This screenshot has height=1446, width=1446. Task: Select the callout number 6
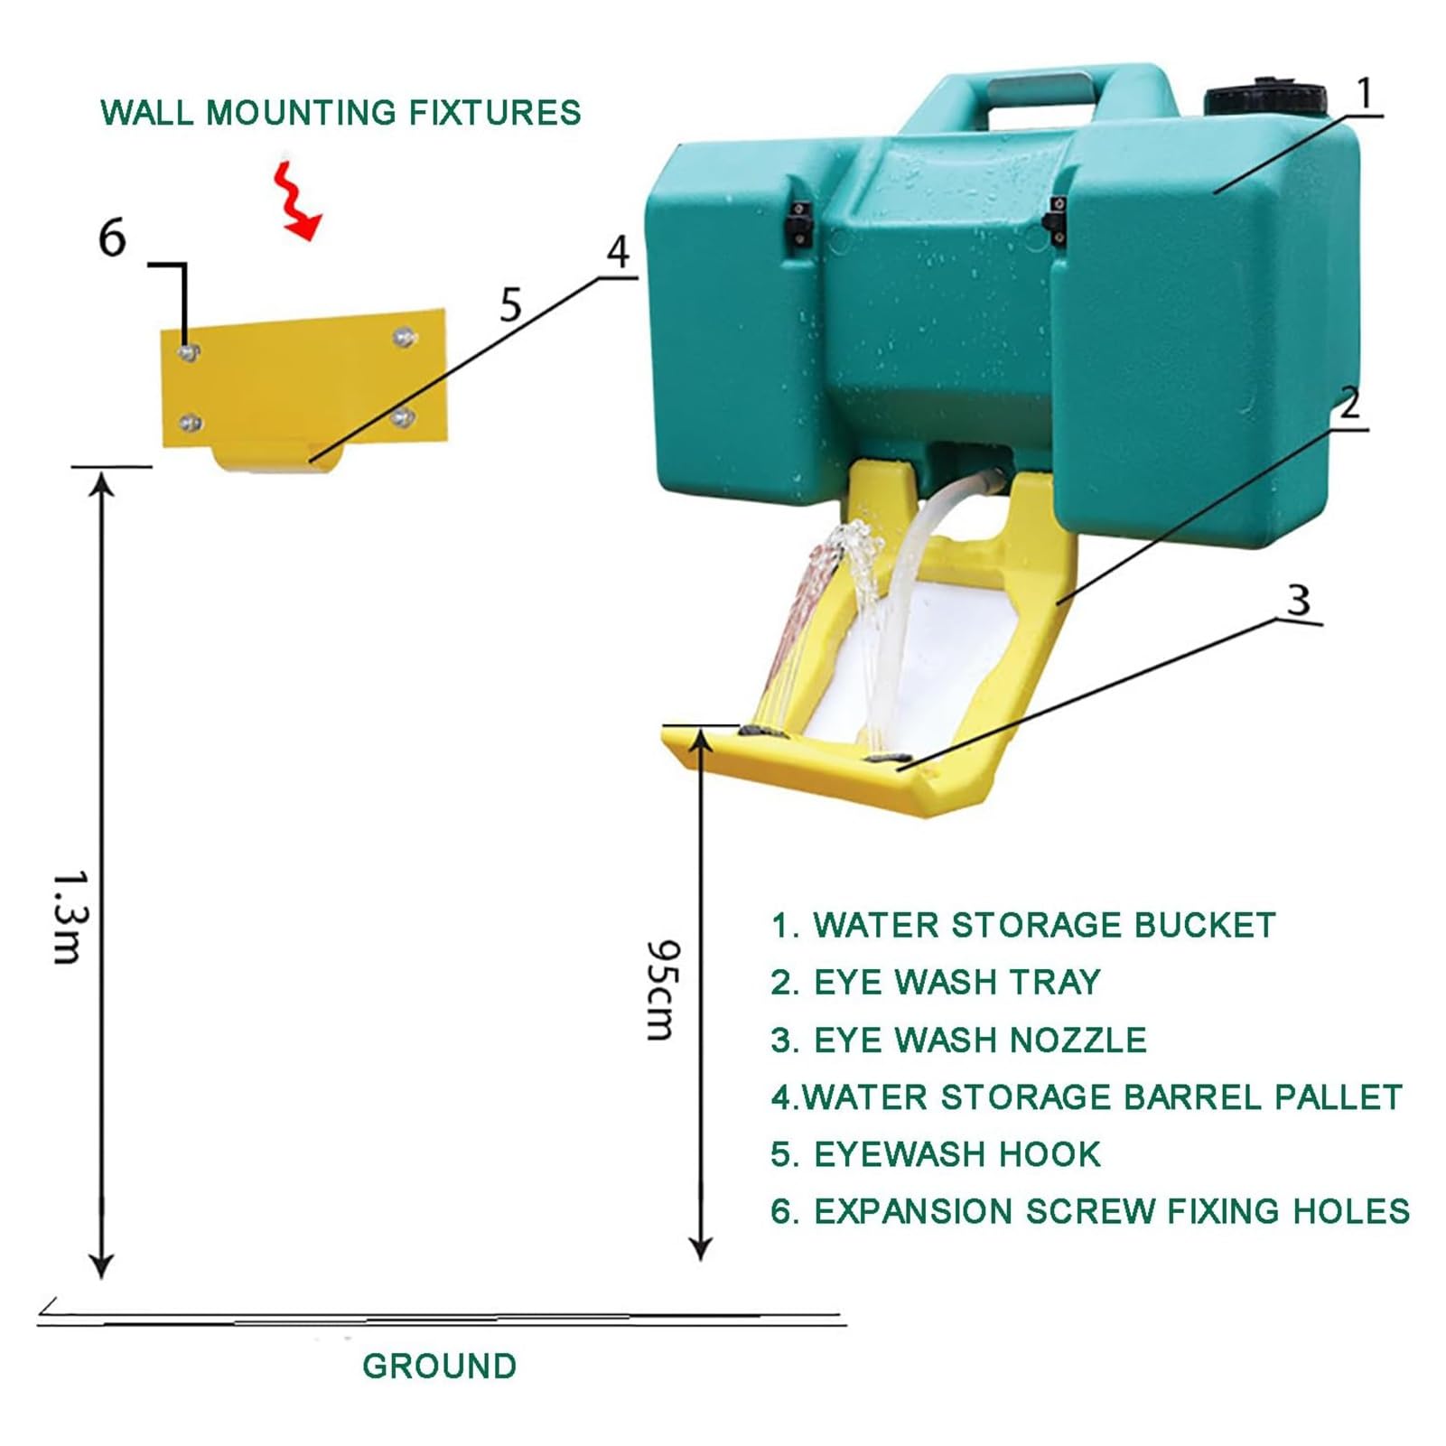point(112,238)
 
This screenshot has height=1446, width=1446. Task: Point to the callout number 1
point(1365,94)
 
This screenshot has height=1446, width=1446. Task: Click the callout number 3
point(1298,600)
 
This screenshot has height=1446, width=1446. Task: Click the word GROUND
point(440,1366)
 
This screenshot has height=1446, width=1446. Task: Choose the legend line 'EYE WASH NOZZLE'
point(958,1040)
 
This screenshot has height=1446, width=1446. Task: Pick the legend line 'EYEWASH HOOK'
point(936,1154)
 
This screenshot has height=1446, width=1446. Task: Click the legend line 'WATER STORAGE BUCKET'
point(1023,926)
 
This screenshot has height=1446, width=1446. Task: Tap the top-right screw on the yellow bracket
point(404,338)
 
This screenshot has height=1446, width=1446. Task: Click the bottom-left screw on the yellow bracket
point(190,422)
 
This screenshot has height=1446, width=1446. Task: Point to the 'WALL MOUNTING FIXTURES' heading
point(341,113)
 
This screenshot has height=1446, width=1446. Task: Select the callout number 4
point(618,252)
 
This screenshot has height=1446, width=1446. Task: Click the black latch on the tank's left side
point(798,222)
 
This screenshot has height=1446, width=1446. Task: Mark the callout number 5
point(511,305)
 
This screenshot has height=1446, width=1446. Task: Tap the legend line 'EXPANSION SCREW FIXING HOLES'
point(1090,1211)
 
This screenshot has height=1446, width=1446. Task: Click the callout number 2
point(1349,403)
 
